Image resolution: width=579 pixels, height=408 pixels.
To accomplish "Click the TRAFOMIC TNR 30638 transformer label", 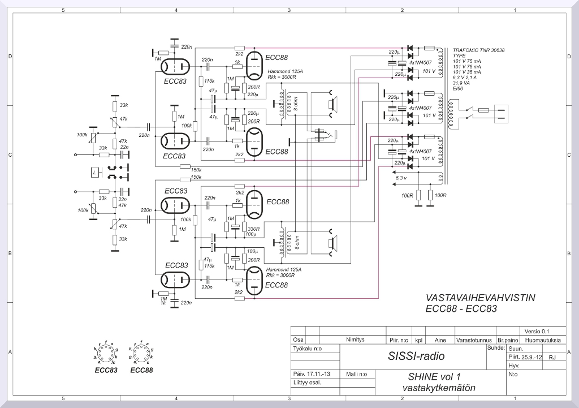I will pyautogui.click(x=478, y=50).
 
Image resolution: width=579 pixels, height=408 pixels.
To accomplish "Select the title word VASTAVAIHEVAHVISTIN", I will pyautogui.click(x=480, y=297).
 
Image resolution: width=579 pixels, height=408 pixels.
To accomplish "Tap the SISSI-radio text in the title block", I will pyautogui.click(x=416, y=357).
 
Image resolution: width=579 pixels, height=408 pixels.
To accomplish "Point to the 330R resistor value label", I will pyautogui.click(x=253, y=229).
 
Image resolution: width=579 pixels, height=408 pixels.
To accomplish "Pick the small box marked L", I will pyautogui.click(x=94, y=171).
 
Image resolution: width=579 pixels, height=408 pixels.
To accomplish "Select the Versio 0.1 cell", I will pyautogui.click(x=537, y=331).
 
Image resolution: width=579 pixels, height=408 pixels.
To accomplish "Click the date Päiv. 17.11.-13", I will pyautogui.click(x=312, y=374).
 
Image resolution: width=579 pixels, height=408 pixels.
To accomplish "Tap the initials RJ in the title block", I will pyautogui.click(x=552, y=357).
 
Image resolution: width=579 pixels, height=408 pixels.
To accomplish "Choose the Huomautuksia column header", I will pyautogui.click(x=542, y=340).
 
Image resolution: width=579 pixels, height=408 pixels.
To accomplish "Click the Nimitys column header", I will pyautogui.click(x=355, y=340).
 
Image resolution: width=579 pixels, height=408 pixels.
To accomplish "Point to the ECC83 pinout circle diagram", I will pyautogui.click(x=106, y=354).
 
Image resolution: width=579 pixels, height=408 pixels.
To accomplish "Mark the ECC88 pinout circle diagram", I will pyautogui.click(x=141, y=354).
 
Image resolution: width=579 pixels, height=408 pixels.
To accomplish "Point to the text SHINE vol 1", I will pyautogui.click(x=434, y=376).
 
